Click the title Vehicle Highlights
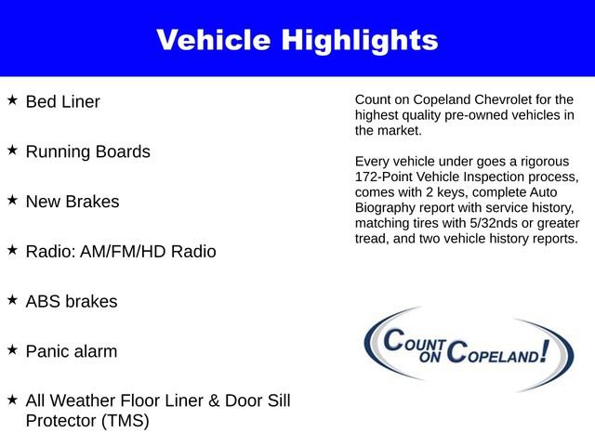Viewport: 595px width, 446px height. (x=297, y=40)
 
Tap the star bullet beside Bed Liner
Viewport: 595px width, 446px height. (x=12, y=98)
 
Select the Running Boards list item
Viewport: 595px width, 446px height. (x=87, y=151)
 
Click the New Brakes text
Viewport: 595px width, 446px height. (x=73, y=202)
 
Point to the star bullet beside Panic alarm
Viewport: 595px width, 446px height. (x=12, y=349)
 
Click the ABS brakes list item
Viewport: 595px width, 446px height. (x=72, y=302)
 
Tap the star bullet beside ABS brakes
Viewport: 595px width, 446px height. (x=12, y=299)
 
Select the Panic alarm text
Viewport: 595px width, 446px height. (x=72, y=352)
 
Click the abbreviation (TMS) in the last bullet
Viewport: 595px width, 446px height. (x=121, y=420)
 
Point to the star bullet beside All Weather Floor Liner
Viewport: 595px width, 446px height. (x=12, y=399)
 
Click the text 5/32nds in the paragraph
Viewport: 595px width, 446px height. (x=493, y=224)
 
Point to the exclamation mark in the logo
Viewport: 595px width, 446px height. (x=556, y=350)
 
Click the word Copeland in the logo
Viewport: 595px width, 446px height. (x=496, y=352)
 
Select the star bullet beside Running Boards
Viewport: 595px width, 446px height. (x=12, y=149)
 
